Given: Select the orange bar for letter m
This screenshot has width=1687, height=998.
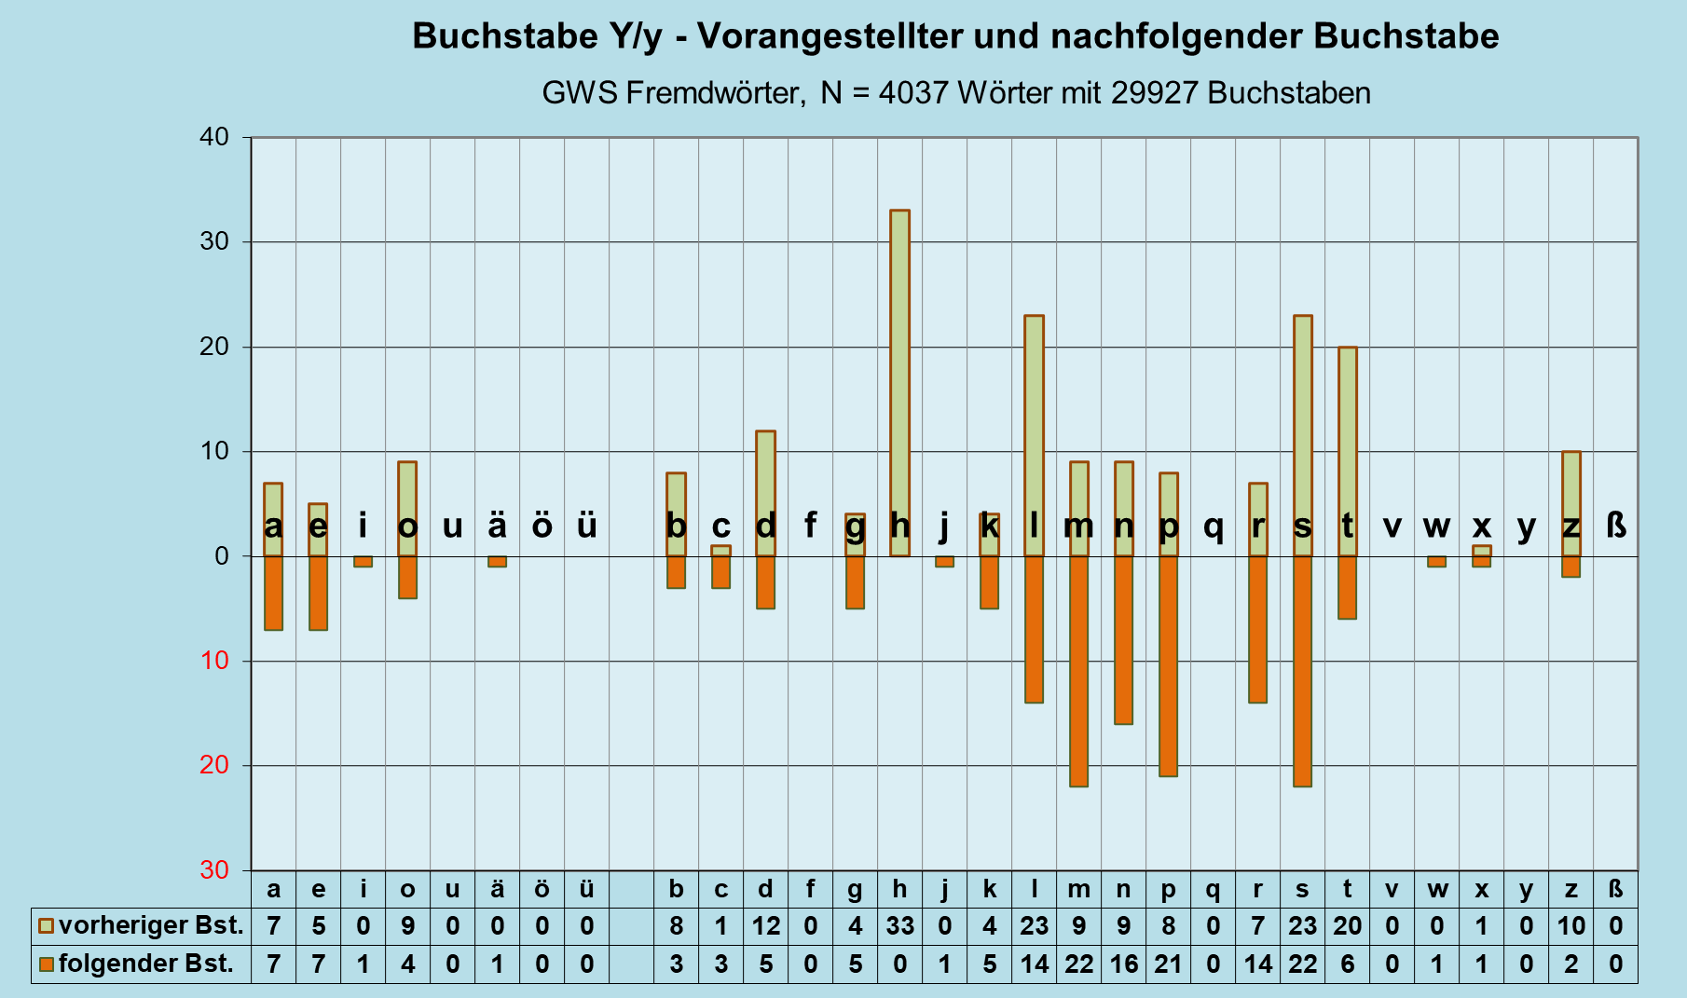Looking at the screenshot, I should point(1078,671).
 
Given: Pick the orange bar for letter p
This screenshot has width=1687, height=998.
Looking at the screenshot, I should point(1168,666).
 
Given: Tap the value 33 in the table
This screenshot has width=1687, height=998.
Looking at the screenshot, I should point(899,926).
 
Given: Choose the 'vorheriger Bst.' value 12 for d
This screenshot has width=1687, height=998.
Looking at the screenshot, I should point(765,926).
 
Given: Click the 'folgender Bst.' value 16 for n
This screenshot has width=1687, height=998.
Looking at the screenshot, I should point(1123,964).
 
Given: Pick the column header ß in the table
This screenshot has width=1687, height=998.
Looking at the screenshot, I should point(1616,889).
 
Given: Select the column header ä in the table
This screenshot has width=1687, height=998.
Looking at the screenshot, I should point(497,889).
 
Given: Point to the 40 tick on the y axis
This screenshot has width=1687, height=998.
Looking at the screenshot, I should point(213,137).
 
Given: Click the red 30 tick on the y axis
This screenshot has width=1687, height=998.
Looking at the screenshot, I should point(213,870).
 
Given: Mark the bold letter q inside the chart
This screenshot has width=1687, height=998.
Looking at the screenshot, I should point(1213,527).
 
